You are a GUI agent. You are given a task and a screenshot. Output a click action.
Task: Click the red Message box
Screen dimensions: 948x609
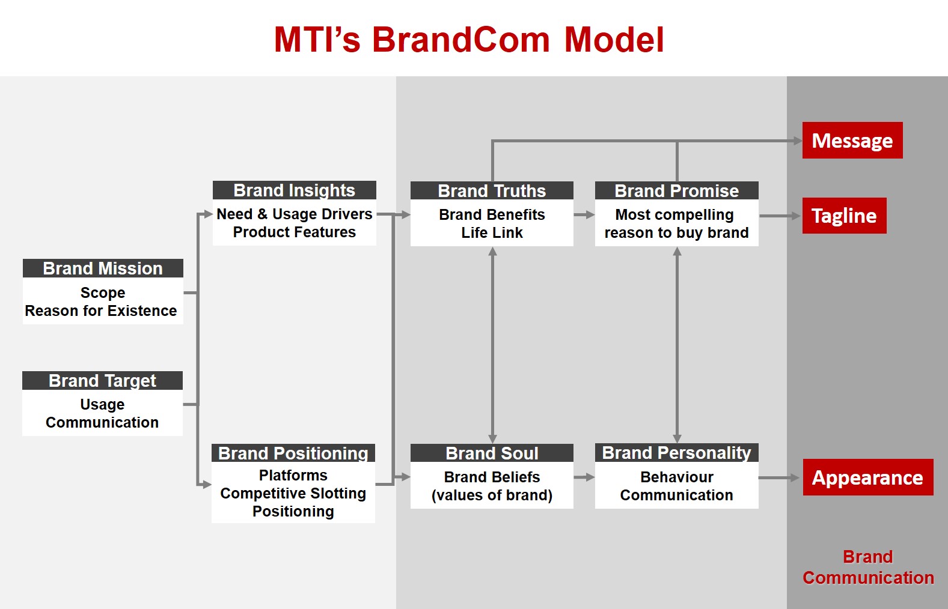coord(852,141)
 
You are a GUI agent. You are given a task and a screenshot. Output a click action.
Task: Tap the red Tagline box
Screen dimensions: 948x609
coord(845,216)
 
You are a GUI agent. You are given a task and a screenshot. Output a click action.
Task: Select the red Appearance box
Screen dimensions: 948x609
coord(868,477)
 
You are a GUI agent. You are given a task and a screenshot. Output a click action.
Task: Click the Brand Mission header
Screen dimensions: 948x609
coord(103,268)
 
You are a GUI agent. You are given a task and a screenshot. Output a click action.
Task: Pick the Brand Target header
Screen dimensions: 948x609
coord(102,381)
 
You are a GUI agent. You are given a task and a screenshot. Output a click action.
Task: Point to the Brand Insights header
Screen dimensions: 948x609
coord(294,190)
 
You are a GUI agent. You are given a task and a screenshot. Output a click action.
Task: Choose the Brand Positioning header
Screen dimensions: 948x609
coord(293,453)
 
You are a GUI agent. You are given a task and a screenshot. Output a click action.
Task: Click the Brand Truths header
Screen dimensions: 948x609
coord(492,191)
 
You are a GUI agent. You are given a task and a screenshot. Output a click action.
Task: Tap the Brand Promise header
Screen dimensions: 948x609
coord(677,191)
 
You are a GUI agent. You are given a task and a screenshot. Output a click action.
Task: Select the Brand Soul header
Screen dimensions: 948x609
coord(492,453)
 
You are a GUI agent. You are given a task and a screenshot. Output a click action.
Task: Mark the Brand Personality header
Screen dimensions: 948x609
coord(677,452)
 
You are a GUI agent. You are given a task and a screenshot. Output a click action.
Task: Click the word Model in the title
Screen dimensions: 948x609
coord(614,40)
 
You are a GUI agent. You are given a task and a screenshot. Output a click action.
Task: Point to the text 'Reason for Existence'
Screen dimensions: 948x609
coord(101,311)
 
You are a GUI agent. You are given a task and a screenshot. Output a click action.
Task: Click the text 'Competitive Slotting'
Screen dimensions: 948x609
coord(293,493)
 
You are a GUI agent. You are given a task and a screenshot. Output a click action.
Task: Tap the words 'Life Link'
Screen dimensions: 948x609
coord(492,232)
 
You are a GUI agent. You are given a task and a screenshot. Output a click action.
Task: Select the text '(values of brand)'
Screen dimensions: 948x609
coord(492,495)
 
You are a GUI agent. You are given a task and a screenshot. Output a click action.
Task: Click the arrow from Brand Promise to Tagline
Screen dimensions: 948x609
coord(780,216)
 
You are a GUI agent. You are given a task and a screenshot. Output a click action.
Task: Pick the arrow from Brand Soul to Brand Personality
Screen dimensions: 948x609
coord(584,477)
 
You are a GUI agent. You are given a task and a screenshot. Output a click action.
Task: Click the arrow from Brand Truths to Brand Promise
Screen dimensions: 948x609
coord(584,215)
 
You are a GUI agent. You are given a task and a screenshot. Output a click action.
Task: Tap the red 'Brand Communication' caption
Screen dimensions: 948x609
coord(868,567)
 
